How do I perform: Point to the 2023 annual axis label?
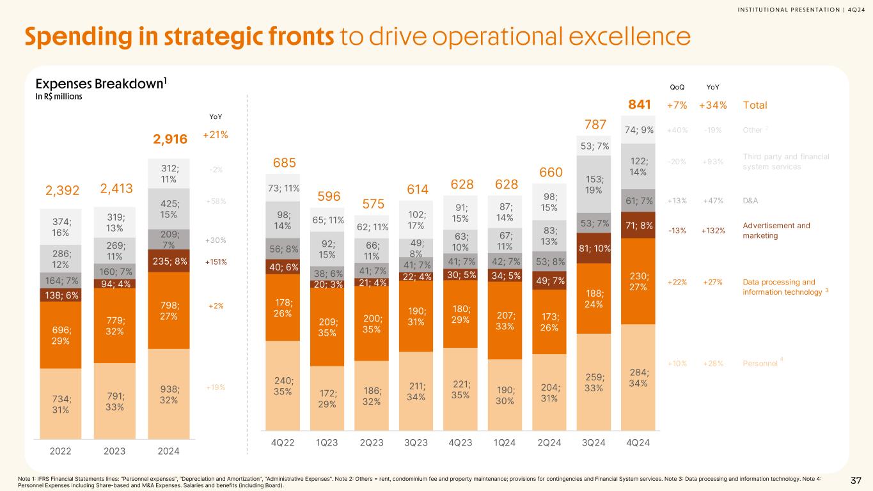click(114, 451)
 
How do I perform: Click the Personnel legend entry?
click(760, 363)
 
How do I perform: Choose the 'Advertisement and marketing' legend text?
click(776, 230)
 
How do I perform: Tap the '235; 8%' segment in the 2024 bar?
click(168, 261)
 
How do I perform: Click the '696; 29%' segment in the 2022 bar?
click(60, 334)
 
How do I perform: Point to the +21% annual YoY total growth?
click(215, 135)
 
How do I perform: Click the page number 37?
click(856, 480)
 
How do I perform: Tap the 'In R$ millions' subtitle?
click(58, 97)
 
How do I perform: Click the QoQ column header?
click(677, 88)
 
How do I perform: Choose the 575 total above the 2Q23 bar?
click(374, 204)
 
